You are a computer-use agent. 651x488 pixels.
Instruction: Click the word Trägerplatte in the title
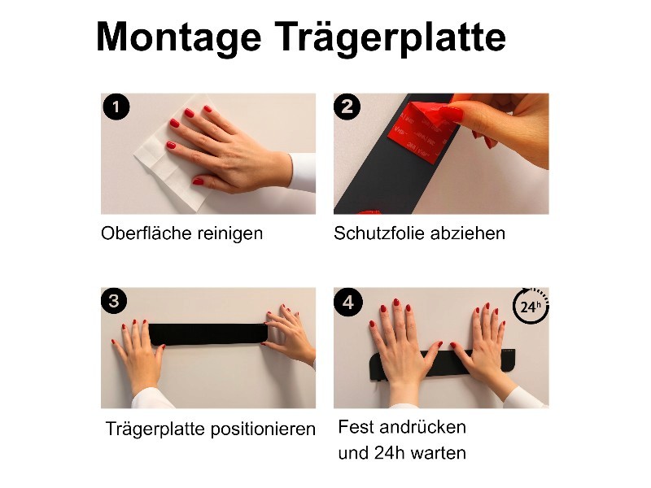click(391, 38)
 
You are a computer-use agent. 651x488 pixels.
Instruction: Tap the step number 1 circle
click(116, 107)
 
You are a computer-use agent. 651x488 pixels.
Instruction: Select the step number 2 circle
click(347, 107)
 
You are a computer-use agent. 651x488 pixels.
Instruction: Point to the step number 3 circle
click(114, 301)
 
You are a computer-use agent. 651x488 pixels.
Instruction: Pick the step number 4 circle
click(348, 302)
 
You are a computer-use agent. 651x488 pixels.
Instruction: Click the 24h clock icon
click(531, 306)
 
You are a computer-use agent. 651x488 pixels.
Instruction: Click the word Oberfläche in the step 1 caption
click(146, 233)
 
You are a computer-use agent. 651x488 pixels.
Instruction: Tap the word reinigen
click(230, 234)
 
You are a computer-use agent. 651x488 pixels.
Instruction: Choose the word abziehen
click(468, 233)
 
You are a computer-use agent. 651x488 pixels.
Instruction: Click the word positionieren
click(263, 429)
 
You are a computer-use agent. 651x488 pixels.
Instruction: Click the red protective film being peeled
click(419, 131)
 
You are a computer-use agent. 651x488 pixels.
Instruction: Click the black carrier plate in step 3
click(208, 334)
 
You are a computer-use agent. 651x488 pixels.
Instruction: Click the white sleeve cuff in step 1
click(303, 172)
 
